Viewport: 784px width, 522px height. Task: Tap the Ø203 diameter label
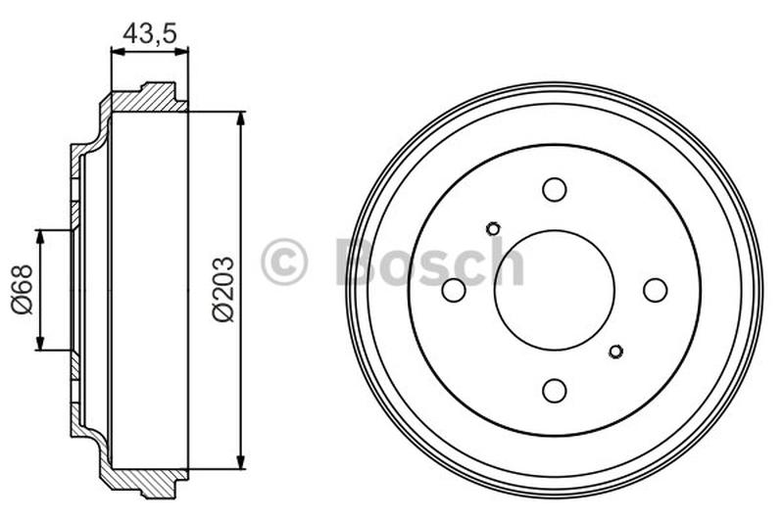pos(224,289)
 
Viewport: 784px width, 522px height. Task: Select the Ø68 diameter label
pos(23,290)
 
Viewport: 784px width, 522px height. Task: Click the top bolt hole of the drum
pos(555,189)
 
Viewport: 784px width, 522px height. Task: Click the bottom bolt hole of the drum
pos(555,390)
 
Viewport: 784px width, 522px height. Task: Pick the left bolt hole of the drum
pos(454,290)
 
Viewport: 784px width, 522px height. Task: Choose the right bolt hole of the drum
pos(655,290)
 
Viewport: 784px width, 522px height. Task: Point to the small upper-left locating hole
pos(493,229)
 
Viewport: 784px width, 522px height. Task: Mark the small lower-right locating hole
pos(616,352)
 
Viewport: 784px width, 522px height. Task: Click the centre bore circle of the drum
pos(555,290)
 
